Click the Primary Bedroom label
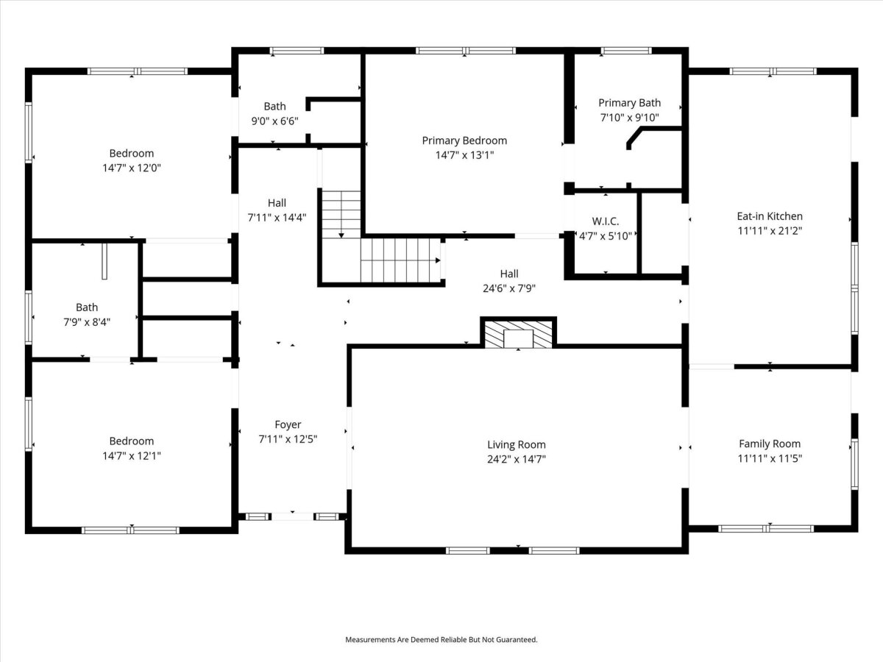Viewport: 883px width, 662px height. pos(464,140)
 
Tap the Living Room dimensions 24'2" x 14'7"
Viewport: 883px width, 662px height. pos(516,459)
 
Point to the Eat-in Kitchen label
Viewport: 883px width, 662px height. pos(770,216)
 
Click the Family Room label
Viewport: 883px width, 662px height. pos(770,444)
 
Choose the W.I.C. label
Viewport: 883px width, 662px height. pos(606,221)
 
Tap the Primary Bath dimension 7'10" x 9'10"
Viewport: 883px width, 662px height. pos(630,118)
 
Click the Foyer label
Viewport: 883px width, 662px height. pos(288,424)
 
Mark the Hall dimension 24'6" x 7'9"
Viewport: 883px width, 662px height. pos(509,288)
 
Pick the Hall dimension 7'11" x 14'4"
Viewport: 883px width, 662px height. pos(277,218)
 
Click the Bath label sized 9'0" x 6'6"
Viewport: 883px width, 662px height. pos(274,107)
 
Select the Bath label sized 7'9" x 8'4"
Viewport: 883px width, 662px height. pos(87,307)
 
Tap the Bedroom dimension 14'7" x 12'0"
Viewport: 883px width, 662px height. pos(132,168)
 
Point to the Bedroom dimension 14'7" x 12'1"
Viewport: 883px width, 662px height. pos(132,455)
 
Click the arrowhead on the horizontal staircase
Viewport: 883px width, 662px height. pos(438,260)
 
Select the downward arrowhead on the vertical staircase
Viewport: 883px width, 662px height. pos(341,235)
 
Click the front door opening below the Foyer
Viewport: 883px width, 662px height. pos(292,516)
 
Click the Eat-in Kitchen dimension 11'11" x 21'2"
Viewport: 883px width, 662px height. pos(770,231)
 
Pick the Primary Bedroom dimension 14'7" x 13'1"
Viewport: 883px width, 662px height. pos(464,155)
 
